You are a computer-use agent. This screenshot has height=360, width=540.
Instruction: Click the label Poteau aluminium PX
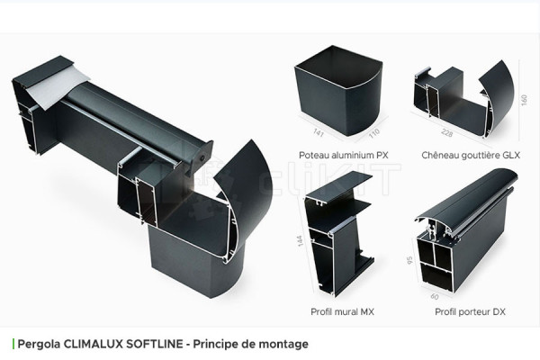click(x=337, y=155)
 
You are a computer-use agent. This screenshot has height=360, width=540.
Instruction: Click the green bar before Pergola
click(x=13, y=344)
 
